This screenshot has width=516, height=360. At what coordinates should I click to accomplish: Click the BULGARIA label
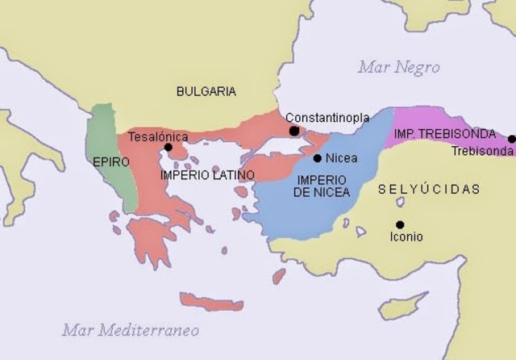(x=206, y=91)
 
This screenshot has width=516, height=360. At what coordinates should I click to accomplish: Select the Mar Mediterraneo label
(x=131, y=330)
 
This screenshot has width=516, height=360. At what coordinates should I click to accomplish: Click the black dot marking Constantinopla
(x=294, y=131)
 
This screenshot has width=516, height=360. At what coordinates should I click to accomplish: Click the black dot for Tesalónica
(x=168, y=148)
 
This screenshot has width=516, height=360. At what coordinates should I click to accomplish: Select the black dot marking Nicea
(x=318, y=158)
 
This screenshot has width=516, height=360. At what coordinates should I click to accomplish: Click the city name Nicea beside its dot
(x=341, y=158)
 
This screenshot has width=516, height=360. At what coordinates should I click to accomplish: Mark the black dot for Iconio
(x=400, y=224)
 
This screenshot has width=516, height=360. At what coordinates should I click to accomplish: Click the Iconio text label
(x=406, y=237)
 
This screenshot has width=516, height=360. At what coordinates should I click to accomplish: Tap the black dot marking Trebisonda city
(x=511, y=139)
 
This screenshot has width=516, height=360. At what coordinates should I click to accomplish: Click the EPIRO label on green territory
(x=110, y=162)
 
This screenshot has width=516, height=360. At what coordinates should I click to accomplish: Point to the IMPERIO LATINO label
(x=207, y=174)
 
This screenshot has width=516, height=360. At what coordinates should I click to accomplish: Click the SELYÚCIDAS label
(x=429, y=189)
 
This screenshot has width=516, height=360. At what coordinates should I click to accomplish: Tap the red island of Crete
(x=211, y=303)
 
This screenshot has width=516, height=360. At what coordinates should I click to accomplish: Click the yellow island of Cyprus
(x=403, y=305)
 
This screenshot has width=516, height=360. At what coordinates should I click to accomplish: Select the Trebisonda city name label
(x=481, y=151)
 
